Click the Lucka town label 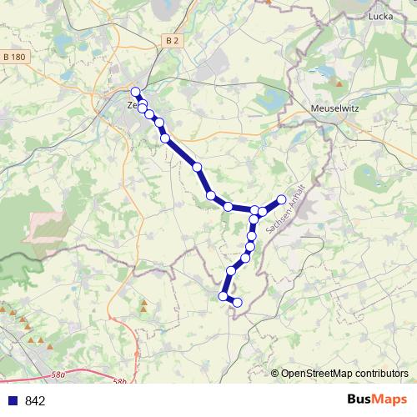coord(380,16)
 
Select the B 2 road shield coord(172,39)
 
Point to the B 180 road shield coord(16,56)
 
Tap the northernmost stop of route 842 coord(136,93)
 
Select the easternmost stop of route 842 coord(282,199)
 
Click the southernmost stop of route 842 coord(238,303)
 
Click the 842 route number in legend coord(35,401)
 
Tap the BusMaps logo coord(377,400)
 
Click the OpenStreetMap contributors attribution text coord(344,374)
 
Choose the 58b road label coord(120,382)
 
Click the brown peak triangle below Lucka coord(339,83)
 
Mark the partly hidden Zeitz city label coord(131,106)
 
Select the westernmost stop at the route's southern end coord(223,296)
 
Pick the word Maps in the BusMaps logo coord(389,400)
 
